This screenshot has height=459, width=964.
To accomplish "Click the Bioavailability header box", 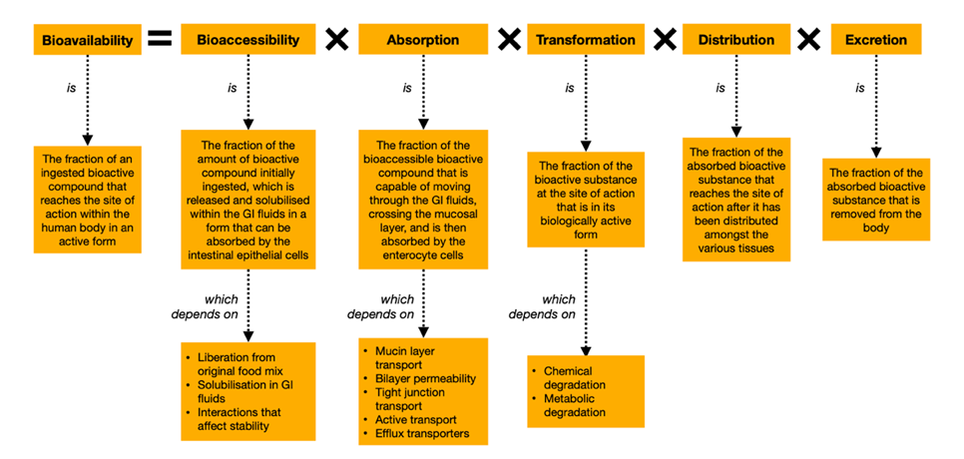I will click(88, 40).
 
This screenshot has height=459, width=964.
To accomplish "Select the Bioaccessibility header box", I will click(247, 40).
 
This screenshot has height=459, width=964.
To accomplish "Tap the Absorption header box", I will click(422, 40).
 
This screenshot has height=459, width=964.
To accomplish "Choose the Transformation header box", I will click(585, 40).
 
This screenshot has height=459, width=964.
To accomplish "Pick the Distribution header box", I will click(736, 40).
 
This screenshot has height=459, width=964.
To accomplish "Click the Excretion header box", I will click(875, 40).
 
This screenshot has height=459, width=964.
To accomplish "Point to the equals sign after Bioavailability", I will click(160, 40).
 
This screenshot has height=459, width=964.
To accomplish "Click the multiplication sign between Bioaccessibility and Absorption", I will click(337, 40).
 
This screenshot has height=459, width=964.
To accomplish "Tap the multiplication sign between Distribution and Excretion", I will click(809, 40).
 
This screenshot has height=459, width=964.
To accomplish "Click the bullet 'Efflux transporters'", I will click(424, 435).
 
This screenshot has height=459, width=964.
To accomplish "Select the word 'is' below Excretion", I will click(859, 88).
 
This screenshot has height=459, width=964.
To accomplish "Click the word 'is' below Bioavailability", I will click(70, 88).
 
